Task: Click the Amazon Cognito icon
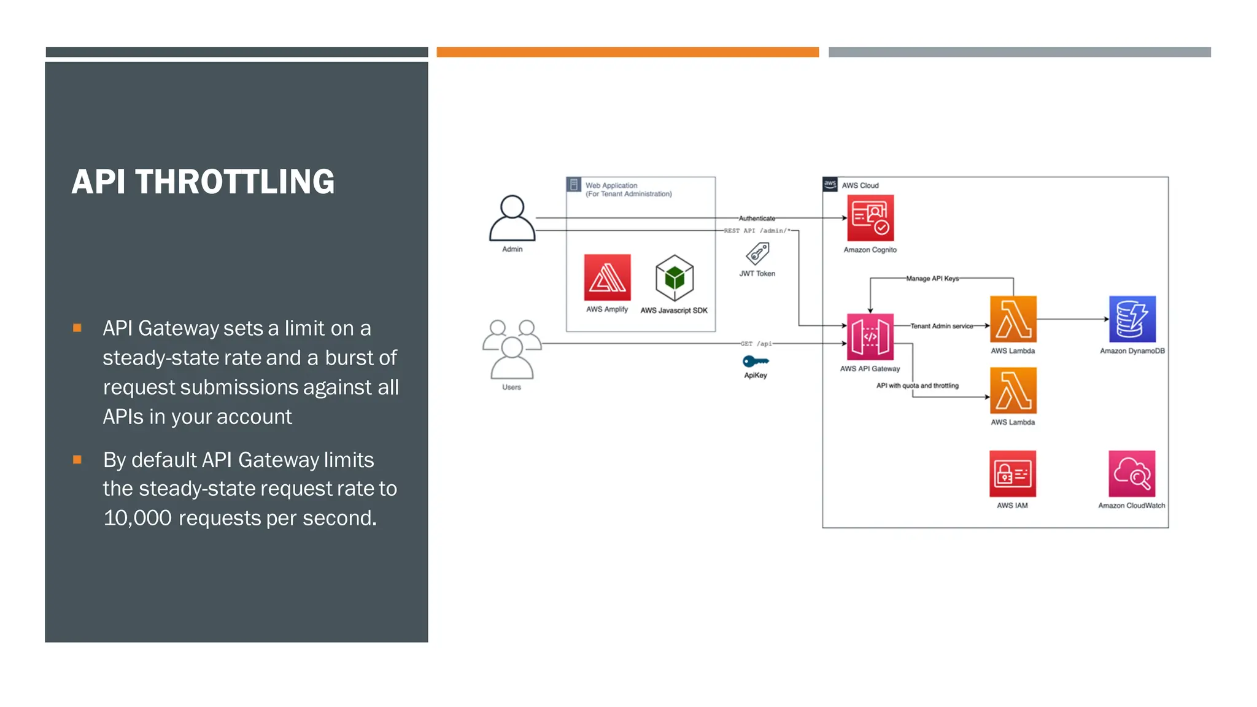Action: tap(870, 218)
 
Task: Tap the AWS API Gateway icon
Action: tap(870, 337)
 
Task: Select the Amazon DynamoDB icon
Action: tap(1132, 319)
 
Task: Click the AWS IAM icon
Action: tap(1013, 474)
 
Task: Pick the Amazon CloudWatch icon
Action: tap(1132, 474)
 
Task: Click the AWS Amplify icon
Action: tap(607, 277)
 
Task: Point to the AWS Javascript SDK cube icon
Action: tap(675, 278)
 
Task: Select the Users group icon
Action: tap(512, 349)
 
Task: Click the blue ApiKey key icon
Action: tap(756, 361)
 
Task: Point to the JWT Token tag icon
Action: tap(757, 253)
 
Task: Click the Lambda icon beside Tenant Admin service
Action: tap(1013, 319)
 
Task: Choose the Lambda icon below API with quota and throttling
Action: tap(1013, 390)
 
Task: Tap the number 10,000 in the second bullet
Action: tap(137, 518)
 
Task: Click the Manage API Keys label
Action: tap(932, 279)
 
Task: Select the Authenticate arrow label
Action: tap(757, 218)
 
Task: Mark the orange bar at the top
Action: tap(627, 52)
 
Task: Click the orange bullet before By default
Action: tap(77, 460)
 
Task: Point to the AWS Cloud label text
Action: tap(860, 185)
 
